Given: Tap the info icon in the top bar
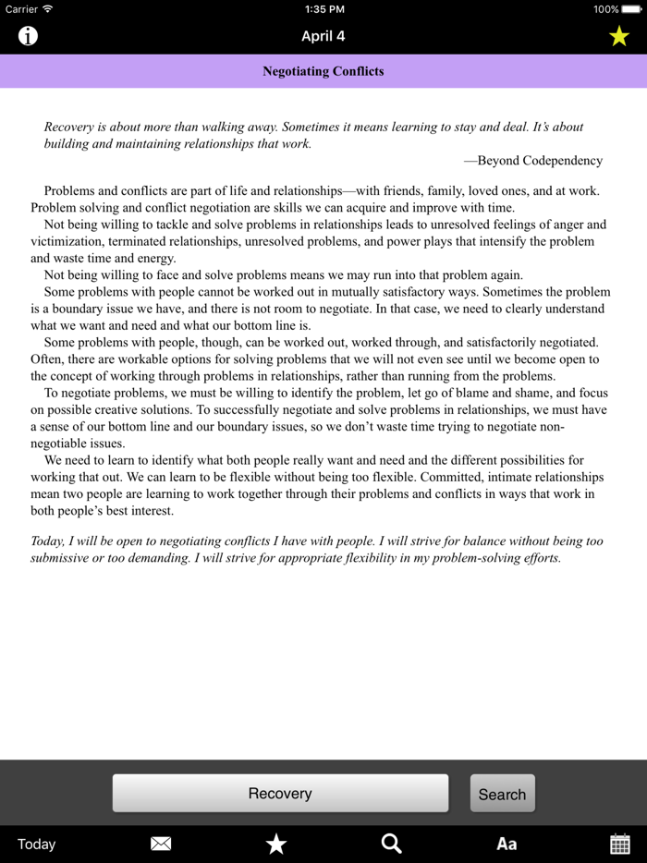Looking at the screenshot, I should [29, 36].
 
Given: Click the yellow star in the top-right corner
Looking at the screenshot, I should [618, 36].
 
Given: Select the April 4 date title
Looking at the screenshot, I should [323, 37].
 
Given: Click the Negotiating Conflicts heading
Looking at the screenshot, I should [323, 71].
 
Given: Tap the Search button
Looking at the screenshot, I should [502, 794].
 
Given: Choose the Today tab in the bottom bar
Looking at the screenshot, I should [37, 844].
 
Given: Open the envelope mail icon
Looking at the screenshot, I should [161, 844].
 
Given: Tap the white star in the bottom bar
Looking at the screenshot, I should [276, 844].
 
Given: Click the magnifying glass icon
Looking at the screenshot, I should [392, 844].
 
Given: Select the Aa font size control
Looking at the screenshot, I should [507, 844].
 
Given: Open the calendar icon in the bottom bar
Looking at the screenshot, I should [620, 844].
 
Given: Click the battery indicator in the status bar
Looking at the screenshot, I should [631, 9].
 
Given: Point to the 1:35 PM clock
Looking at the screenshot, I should [323, 9].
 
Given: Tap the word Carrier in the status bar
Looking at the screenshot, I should [21, 9].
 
